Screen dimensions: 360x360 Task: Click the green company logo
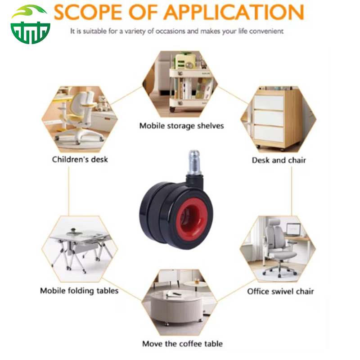pos(30,24)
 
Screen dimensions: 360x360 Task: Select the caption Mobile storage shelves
pos(182,126)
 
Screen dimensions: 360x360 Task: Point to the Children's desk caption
pos(80,159)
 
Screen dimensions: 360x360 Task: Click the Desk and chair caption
pos(279,160)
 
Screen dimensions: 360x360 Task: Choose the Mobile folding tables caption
pos(79,291)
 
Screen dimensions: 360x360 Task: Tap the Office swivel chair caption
pos(280,291)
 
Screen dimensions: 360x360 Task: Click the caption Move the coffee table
pos(183,344)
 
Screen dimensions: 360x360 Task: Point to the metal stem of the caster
pos(194,162)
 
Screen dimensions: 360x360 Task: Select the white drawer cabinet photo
pos(279,119)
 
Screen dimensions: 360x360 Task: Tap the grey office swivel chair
pos(279,248)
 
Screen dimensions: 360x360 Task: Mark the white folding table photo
pos(80,249)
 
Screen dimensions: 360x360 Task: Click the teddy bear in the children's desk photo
pos(103,103)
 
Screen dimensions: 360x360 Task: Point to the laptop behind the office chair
pos(293,229)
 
